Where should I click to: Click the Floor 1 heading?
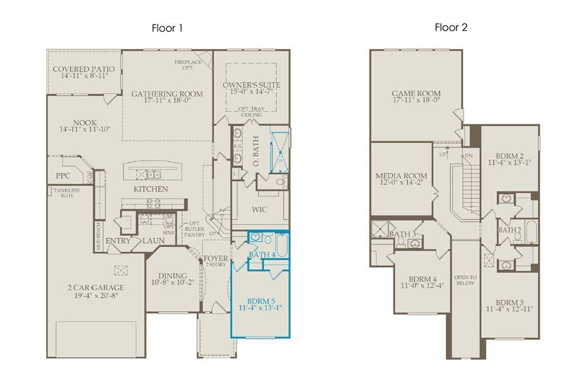click(167, 27)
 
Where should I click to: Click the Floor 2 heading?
click(451, 27)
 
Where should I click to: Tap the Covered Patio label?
click(83, 70)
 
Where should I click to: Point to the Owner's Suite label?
click(251, 85)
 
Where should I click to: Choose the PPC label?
click(63, 176)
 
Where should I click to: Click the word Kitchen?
click(151, 189)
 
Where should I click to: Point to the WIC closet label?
click(259, 210)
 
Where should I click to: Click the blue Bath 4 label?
click(262, 254)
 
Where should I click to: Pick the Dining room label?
click(172, 275)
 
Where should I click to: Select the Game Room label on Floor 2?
click(416, 94)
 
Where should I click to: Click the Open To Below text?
click(465, 280)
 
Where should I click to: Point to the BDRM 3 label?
click(510, 302)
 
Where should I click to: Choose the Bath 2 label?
click(510, 230)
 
